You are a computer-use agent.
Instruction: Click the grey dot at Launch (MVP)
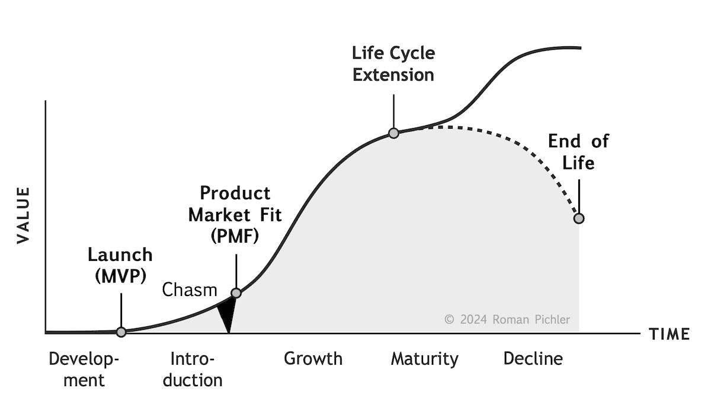(121, 332)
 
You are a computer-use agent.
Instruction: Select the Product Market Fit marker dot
(236, 292)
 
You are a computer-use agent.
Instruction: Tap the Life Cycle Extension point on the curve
(393, 133)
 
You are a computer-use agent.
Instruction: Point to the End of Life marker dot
(579, 218)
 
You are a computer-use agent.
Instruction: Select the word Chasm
(190, 290)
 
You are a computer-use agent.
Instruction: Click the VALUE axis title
(23, 215)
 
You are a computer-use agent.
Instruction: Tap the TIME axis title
(670, 335)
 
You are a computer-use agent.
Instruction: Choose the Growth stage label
(313, 359)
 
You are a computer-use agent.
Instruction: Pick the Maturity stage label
(424, 359)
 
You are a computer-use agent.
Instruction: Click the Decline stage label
(533, 359)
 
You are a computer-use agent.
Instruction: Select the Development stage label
(84, 369)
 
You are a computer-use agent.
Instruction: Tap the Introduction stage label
(193, 369)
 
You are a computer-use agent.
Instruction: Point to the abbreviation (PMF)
(235, 236)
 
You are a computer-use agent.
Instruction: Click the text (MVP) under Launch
(120, 276)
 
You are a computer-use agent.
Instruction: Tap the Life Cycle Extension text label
(393, 64)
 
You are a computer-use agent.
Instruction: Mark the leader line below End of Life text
(579, 193)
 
